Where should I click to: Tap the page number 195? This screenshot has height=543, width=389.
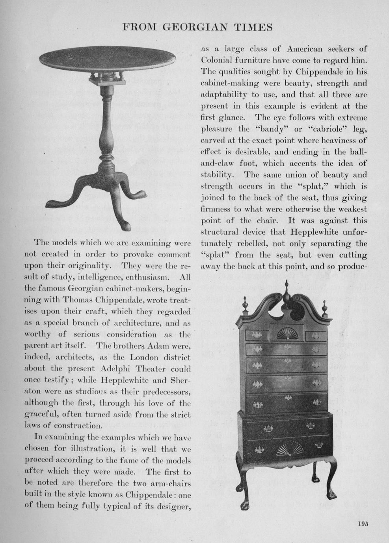363,524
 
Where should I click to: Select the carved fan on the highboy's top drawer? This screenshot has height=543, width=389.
287,334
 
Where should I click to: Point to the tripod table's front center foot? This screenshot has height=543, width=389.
126,225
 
